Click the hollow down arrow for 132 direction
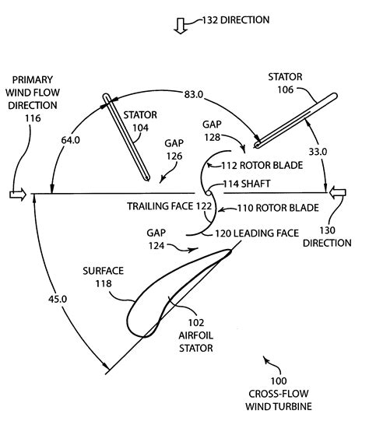(181, 26)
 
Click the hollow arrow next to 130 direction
(337, 193)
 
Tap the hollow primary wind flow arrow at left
(18, 195)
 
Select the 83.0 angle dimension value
(194, 94)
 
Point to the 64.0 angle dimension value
(71, 140)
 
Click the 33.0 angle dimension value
(318, 152)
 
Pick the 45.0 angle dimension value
(58, 299)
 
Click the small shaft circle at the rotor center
(208, 193)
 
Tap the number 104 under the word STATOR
(140, 128)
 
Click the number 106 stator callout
(286, 89)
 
